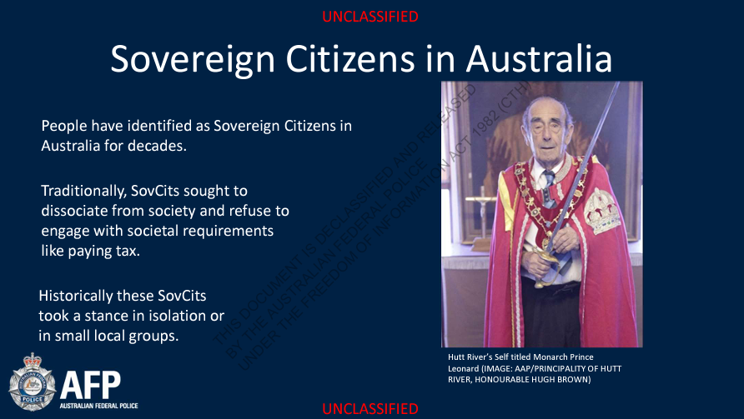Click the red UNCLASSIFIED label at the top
[x=370, y=17]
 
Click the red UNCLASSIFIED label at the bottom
[x=370, y=408]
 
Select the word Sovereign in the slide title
[x=193, y=60]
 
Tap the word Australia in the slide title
[x=539, y=59]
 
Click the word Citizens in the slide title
[x=350, y=59]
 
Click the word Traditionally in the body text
[x=83, y=191]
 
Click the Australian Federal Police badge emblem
[x=33, y=382]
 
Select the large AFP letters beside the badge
[x=90, y=385]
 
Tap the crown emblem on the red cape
[x=601, y=212]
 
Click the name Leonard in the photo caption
[x=463, y=368]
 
